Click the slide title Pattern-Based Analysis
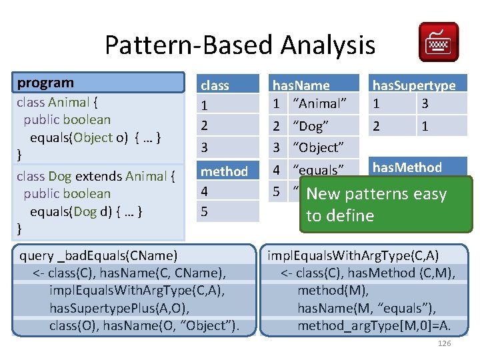coord(240,45)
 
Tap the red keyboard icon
coord(438,41)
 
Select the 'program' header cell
coord(100,83)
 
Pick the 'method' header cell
coord(225,171)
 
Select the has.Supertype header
coord(414,85)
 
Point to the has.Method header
coord(407,167)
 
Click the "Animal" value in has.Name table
coord(319,103)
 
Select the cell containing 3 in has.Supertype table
coord(425,103)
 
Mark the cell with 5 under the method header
coord(205,211)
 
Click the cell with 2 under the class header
coord(205,125)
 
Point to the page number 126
coord(444,343)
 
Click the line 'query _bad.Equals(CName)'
coord(99,255)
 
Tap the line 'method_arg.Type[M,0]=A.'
coord(374,325)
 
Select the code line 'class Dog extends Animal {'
coord(96,177)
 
